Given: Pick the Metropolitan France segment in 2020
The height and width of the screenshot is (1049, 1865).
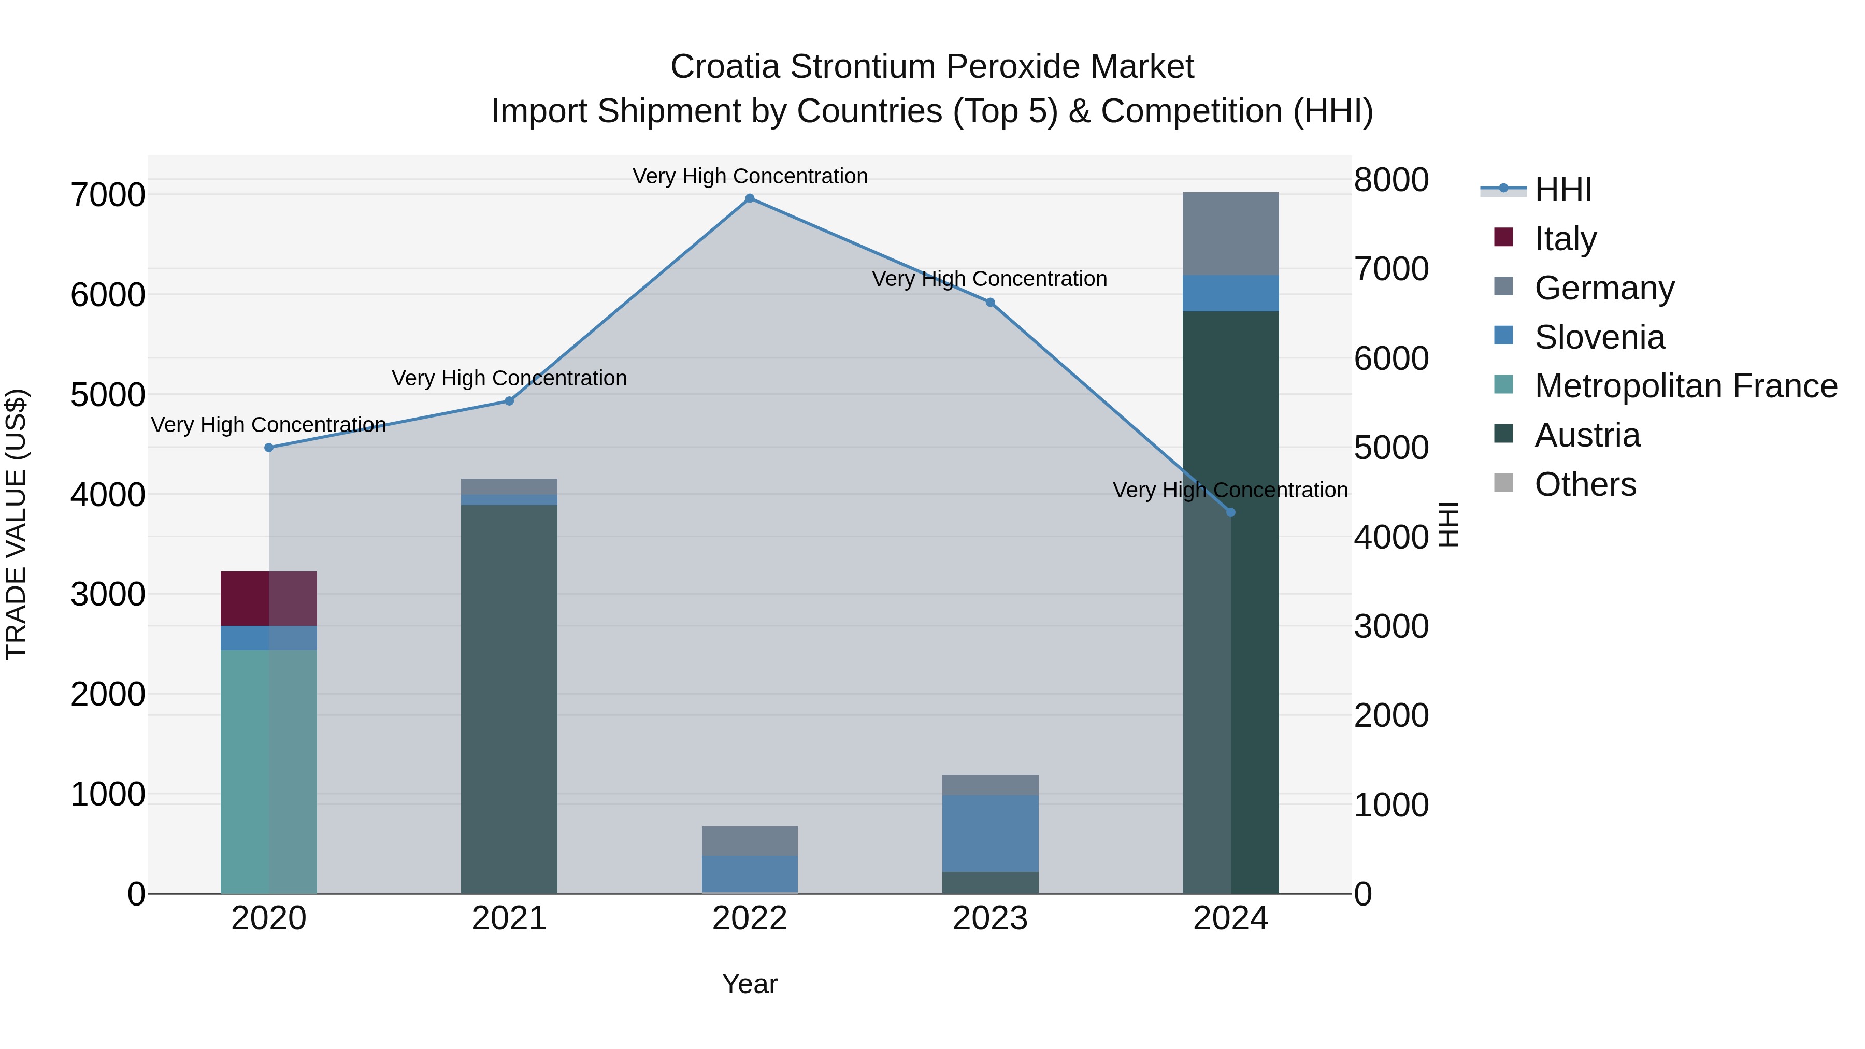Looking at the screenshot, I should pos(268,771).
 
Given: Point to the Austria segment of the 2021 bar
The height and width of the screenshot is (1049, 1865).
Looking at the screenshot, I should pos(509,699).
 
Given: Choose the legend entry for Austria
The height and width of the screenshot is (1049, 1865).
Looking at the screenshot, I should pos(1586,435).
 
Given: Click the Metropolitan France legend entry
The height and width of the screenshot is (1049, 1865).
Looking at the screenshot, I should pos(1685,386).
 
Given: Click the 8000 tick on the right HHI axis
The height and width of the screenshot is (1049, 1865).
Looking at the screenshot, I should pos(1391,180).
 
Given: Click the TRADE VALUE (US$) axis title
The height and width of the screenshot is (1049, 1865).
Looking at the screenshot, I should pos(16,524).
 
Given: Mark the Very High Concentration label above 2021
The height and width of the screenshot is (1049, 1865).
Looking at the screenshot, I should pos(509,379).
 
